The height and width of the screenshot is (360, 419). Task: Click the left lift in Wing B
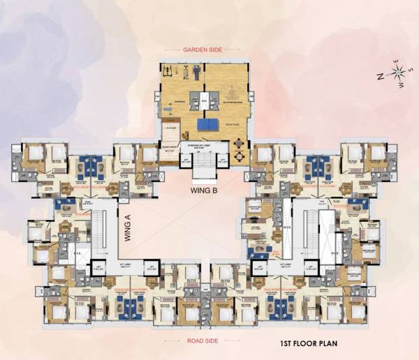tap(185, 160)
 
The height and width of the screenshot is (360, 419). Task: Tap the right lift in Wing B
tap(222, 160)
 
